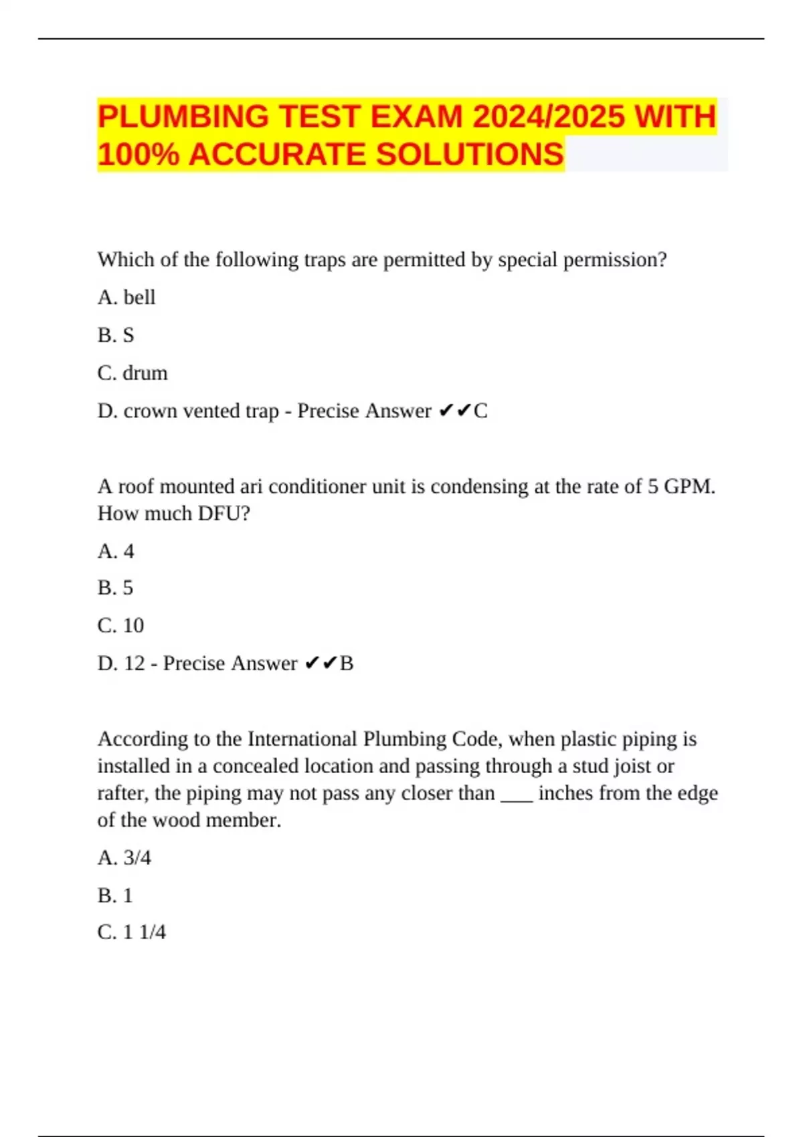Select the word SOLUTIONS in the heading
tap(470, 154)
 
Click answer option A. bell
tap(126, 297)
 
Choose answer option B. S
tap(116, 335)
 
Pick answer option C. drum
tap(132, 373)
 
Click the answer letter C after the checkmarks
tap(480, 411)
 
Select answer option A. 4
tap(116, 551)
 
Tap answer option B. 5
tap(115, 588)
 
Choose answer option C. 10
tap(120, 625)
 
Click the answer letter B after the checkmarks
tap(347, 663)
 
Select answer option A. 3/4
tap(124, 857)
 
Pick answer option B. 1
tap(115, 895)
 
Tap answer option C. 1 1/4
tap(132, 932)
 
